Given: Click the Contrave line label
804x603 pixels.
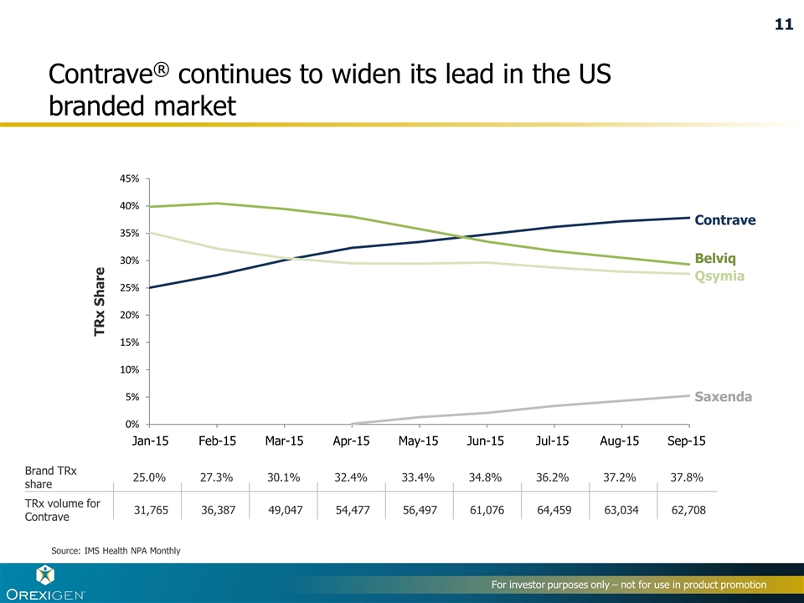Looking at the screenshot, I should (x=725, y=220).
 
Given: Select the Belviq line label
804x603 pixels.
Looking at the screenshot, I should (x=715, y=258).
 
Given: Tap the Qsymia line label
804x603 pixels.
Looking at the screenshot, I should (x=719, y=276).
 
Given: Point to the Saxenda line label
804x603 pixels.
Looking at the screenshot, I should (x=724, y=396).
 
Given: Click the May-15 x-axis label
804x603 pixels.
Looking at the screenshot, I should (x=419, y=441).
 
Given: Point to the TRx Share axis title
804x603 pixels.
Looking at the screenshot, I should (x=100, y=301).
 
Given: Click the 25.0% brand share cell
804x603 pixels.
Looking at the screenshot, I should (x=149, y=477).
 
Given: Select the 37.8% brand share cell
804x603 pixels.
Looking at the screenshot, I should (x=687, y=477).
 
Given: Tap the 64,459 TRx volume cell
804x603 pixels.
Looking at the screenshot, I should (x=554, y=510).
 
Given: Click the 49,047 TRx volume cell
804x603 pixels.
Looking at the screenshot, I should (x=286, y=510).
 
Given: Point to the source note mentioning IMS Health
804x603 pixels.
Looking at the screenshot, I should (x=116, y=549).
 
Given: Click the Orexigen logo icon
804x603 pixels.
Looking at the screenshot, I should (x=44, y=575).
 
